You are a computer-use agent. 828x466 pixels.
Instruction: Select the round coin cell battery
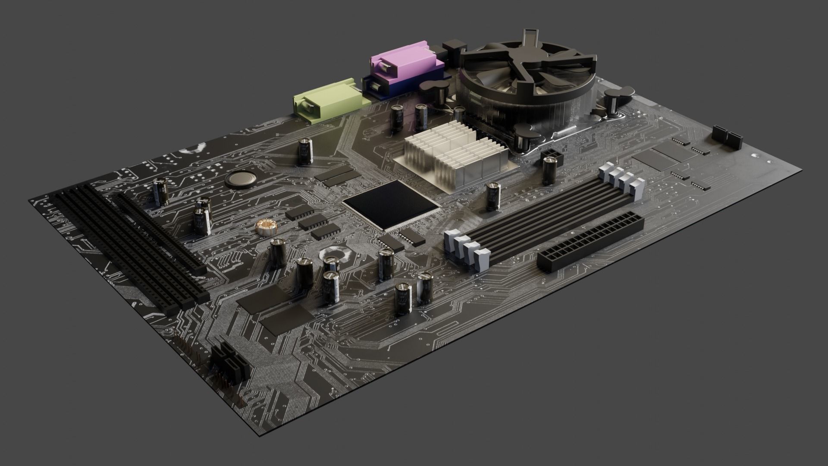click(241, 178)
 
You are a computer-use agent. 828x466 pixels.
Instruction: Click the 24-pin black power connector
click(591, 240)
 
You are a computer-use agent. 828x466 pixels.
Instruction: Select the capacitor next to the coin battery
click(305, 151)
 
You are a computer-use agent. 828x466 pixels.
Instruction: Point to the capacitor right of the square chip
click(493, 197)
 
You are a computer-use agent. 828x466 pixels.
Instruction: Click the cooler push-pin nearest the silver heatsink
click(524, 136)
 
